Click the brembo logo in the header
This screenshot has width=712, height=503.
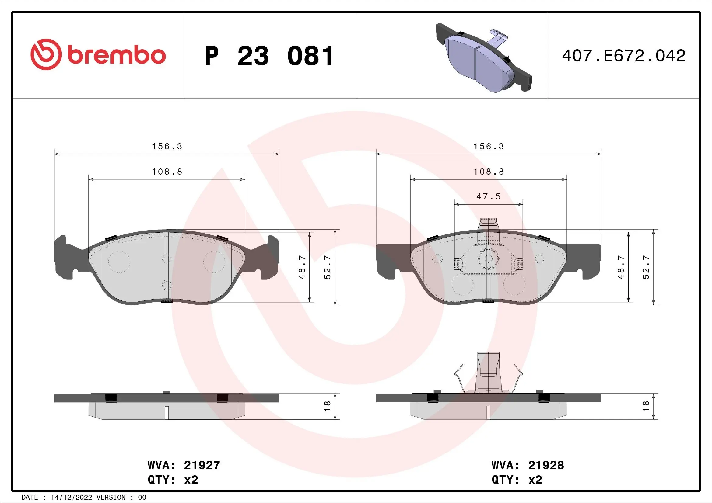98,55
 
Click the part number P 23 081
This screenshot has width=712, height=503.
269,56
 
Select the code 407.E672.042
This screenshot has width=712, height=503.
623,56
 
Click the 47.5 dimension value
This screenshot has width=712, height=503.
488,197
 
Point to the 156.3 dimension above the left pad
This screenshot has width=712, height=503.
167,147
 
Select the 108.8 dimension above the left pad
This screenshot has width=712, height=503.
167,172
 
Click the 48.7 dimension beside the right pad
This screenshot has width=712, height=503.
621,267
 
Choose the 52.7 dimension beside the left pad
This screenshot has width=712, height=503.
328,267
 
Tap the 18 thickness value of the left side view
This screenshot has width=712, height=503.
328,406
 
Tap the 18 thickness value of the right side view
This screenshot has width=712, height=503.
646,406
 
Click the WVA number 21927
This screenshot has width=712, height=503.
202,465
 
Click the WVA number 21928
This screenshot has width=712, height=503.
546,465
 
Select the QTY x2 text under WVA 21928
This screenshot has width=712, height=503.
517,480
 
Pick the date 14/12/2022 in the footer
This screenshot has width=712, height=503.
71,498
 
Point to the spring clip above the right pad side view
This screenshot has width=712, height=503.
488,375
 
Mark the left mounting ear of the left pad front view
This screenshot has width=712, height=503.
64,257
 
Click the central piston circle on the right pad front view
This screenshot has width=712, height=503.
488,259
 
